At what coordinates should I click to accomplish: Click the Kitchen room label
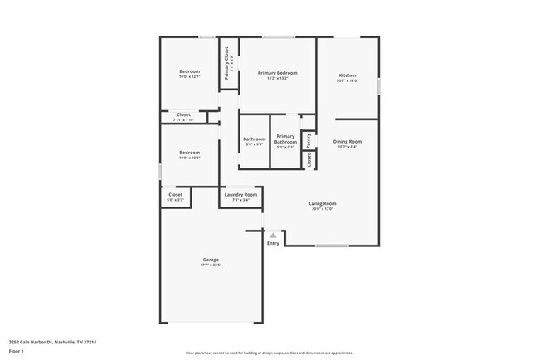click(347, 76)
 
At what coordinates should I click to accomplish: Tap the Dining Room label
click(347, 141)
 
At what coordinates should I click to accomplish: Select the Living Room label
click(322, 203)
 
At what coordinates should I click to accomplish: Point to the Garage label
click(211, 260)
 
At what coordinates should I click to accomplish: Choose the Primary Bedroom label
click(277, 73)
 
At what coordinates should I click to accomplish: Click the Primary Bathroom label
click(285, 139)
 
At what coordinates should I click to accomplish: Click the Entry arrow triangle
click(273, 236)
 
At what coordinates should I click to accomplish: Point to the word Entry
click(273, 243)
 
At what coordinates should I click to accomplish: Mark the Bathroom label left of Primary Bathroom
click(255, 139)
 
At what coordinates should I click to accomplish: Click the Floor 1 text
click(17, 351)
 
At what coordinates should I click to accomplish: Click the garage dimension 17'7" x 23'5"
click(211, 265)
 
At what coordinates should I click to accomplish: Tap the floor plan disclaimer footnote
click(269, 352)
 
